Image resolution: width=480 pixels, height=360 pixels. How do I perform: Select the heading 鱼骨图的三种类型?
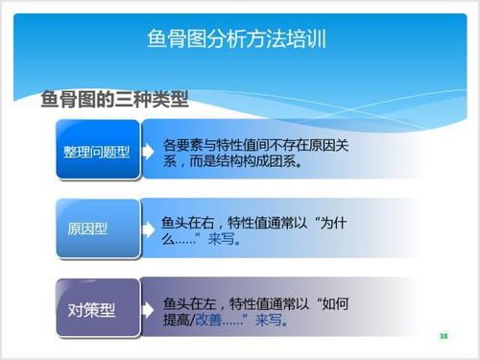pos(114,100)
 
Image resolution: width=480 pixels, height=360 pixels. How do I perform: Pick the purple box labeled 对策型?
pos(91,310)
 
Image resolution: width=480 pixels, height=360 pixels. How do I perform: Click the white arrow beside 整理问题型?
pos(148,152)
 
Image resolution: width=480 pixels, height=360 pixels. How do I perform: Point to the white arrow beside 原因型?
pos(148,229)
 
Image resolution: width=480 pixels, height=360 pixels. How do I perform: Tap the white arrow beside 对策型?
pos(148,309)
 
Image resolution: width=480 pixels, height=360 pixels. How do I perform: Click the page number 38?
pos(443,337)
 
